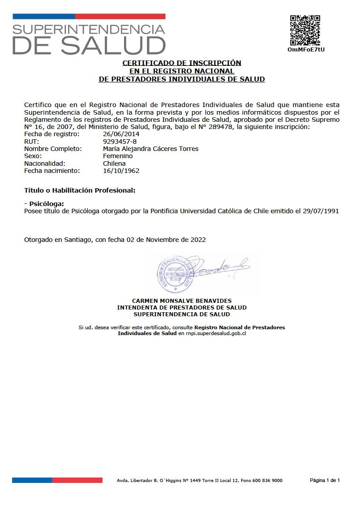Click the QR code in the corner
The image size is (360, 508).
coord(305,30)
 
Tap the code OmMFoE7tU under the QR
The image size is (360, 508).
coord(306,49)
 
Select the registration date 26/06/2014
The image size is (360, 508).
coord(121,134)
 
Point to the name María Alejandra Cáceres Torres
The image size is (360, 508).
coord(150,149)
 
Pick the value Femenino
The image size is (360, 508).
coord(118,156)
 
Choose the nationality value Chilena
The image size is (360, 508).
coord(114,164)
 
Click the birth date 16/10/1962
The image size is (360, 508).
coord(121,171)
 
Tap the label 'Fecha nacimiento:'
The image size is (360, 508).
coord(51,171)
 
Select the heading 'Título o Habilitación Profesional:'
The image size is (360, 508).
coord(80,190)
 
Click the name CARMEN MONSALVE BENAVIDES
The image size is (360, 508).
coord(182,301)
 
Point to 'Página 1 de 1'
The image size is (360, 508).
coord(325,481)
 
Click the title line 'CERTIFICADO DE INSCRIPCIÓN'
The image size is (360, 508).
coord(182,63)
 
